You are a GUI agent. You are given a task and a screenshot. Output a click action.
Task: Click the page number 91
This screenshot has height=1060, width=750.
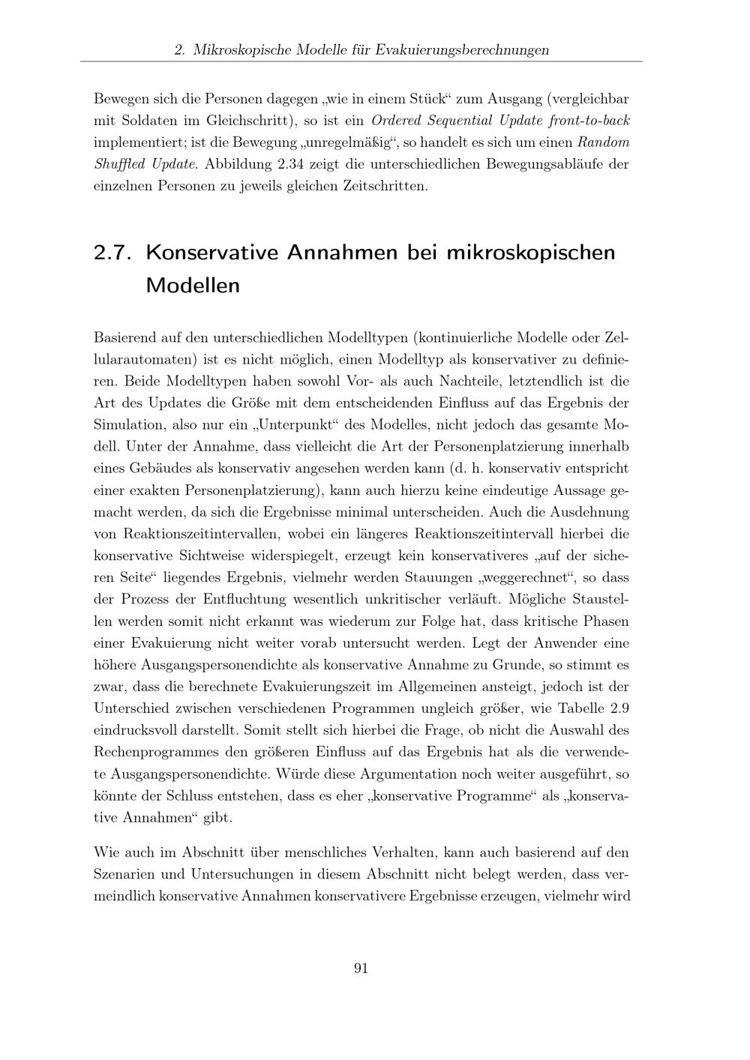pos(360,968)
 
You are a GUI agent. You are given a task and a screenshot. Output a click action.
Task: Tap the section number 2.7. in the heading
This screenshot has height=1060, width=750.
pos(113,253)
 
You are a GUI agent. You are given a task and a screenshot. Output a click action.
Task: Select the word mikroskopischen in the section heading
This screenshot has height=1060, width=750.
pos(530,253)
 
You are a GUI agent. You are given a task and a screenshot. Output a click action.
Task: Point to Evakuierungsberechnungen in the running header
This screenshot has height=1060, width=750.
pos(462,50)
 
